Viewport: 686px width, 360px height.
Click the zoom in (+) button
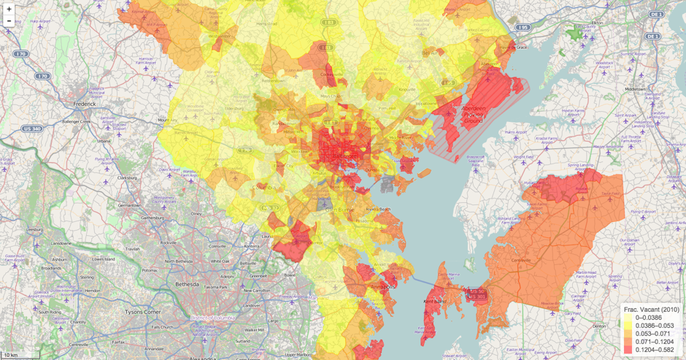click(x=9, y=9)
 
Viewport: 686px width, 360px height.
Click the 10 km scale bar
click(x=12, y=355)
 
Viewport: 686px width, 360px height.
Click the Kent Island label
click(x=434, y=301)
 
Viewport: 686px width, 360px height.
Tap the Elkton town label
click(x=597, y=23)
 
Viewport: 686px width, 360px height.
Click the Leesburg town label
click(x=34, y=229)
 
